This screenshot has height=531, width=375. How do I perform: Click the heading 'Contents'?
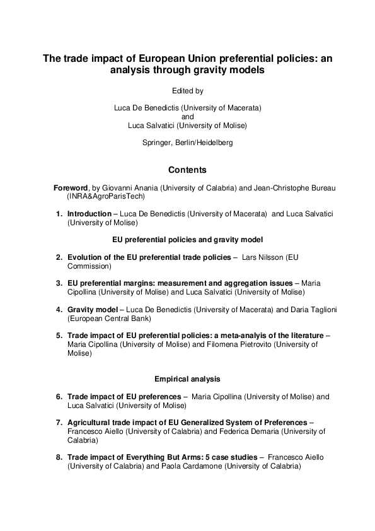coord(187,170)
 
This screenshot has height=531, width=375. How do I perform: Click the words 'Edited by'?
coord(187,91)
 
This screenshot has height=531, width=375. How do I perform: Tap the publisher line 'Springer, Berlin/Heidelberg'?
coord(187,143)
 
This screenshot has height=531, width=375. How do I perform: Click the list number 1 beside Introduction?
coord(59,214)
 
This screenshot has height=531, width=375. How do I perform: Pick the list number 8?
coord(59,456)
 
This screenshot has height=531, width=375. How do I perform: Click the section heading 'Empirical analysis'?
coord(187,379)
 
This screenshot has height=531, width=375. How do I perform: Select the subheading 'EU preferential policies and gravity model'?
coord(187,240)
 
